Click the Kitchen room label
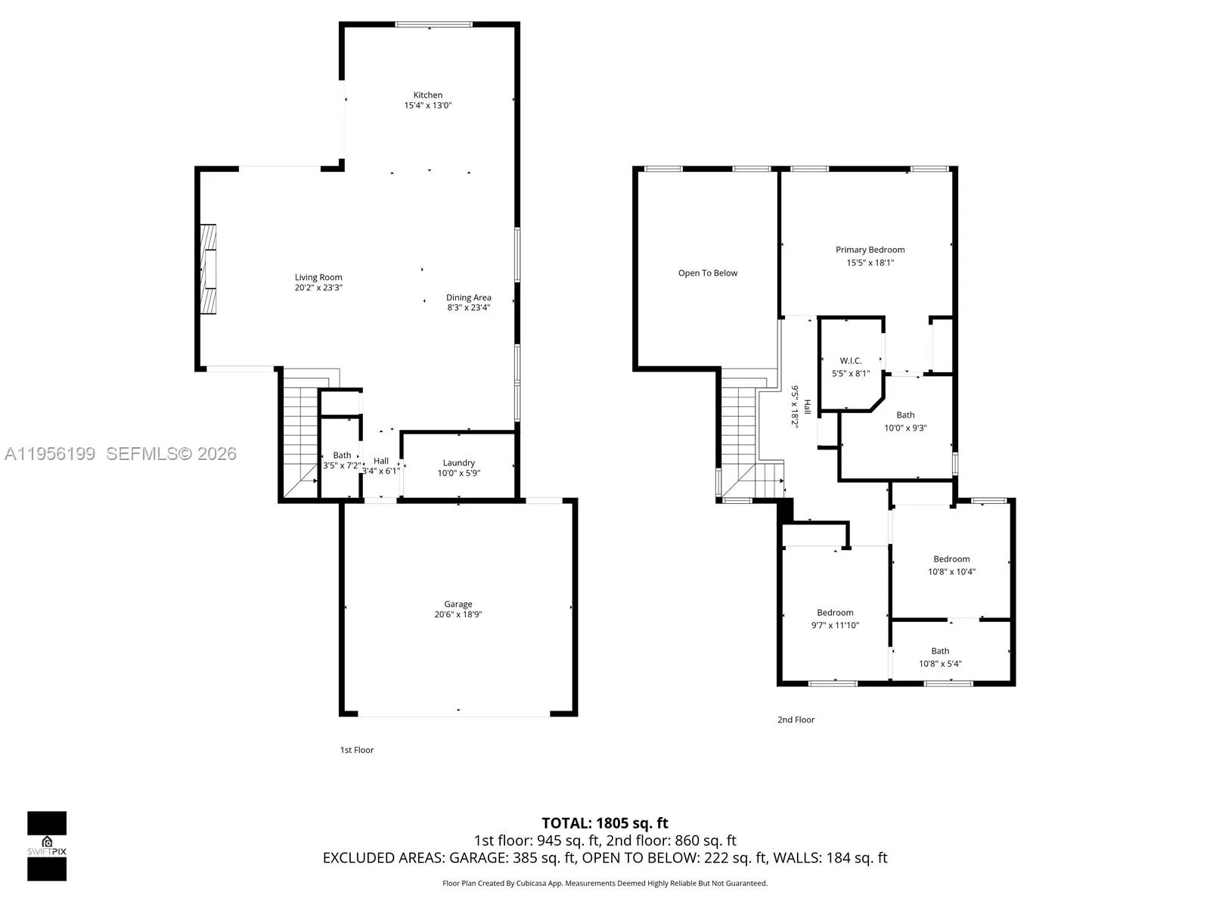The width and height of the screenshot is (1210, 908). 427,95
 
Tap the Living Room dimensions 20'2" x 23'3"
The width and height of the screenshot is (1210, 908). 318,288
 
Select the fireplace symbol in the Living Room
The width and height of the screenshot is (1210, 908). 208,269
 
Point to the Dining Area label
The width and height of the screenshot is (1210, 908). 468,297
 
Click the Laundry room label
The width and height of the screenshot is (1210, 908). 458,462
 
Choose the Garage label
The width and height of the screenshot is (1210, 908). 458,604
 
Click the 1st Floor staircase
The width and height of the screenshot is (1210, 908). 300,431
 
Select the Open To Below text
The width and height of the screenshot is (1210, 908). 707,273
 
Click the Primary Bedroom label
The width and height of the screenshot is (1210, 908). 870,250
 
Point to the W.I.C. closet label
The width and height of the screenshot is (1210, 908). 850,361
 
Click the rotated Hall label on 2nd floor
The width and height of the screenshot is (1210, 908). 807,406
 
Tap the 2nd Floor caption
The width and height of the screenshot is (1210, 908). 796,720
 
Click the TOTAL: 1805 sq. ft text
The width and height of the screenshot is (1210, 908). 604,823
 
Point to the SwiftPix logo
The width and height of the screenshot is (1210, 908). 47,845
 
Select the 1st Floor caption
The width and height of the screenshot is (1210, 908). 356,750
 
